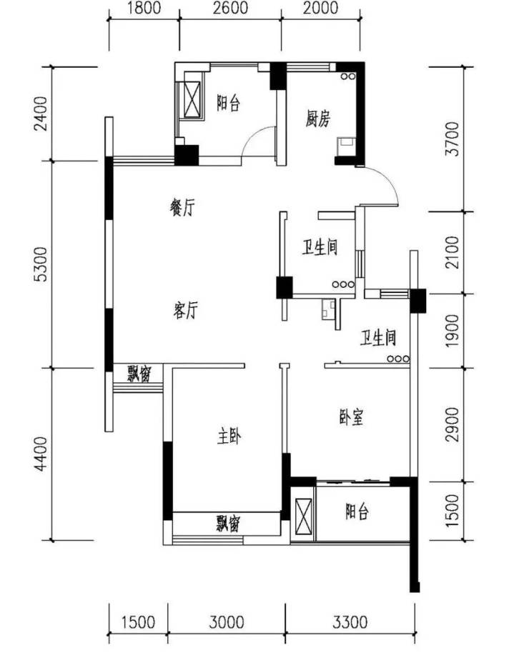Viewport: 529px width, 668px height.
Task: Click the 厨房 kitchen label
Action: [x=318, y=119]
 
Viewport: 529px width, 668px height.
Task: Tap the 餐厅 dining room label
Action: [x=182, y=208]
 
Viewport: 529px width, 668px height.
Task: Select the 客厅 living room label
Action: [x=186, y=310]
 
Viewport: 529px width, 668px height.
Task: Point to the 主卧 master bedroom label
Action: [x=229, y=437]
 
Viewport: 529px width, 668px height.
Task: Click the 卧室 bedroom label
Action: [x=352, y=417]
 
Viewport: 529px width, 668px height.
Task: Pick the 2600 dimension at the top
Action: [x=230, y=8]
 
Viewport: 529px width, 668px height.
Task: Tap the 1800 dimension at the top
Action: [x=144, y=8]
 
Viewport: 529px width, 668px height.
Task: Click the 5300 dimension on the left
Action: [x=41, y=264]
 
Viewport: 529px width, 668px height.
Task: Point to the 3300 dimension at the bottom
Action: [x=350, y=622]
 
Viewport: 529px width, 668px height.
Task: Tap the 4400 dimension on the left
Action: [x=41, y=454]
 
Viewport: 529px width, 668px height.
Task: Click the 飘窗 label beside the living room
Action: [x=139, y=374]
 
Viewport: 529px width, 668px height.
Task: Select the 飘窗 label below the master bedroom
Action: [x=227, y=524]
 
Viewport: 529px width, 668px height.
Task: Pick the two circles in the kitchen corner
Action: [x=347, y=76]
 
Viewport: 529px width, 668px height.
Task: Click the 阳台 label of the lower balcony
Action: [x=357, y=512]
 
